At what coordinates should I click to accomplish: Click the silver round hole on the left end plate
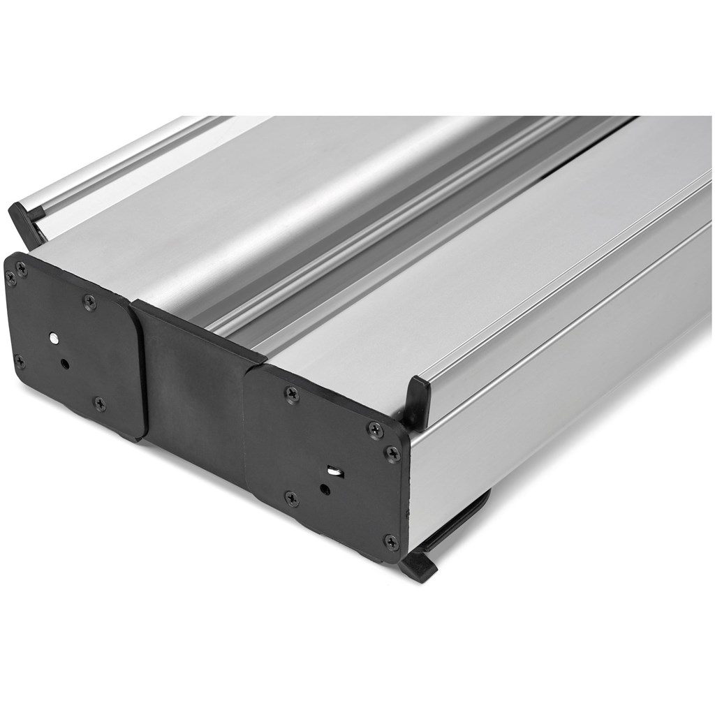click(54, 338)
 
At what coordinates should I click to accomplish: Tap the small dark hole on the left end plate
click(64, 363)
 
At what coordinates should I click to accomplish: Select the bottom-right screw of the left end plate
click(99, 403)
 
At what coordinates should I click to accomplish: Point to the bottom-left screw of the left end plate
click(19, 362)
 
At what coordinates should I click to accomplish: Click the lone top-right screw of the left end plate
click(90, 301)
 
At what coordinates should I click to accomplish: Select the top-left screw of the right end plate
click(292, 395)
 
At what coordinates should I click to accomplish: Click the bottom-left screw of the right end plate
click(291, 498)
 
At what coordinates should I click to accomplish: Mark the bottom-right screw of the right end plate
click(391, 542)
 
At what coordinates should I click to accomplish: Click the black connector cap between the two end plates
click(196, 391)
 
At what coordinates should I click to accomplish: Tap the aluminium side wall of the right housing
click(559, 391)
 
